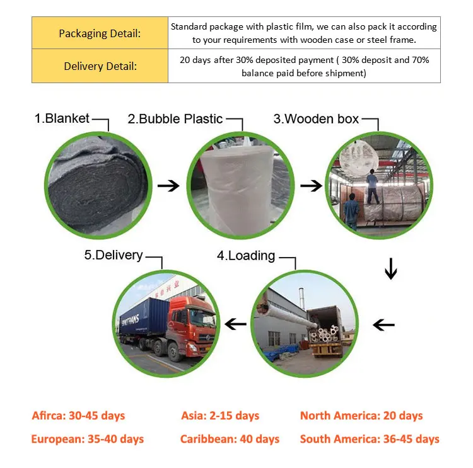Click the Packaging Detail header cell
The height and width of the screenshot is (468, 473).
[x=100, y=33]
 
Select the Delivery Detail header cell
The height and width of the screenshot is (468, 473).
[x=100, y=66]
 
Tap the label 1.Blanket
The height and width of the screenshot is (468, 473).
[x=62, y=118]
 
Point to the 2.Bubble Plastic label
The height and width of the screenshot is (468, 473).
[x=175, y=118]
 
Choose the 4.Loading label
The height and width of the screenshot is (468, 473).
[x=246, y=256]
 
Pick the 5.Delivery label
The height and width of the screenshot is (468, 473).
[x=114, y=256]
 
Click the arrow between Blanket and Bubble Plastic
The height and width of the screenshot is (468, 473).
[x=168, y=186]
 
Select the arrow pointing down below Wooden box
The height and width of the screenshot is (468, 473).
[x=391, y=270]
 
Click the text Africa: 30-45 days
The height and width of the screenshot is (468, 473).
[x=78, y=416]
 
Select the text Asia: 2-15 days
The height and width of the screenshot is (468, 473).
[x=219, y=416]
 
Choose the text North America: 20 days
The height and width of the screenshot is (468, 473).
[x=361, y=416]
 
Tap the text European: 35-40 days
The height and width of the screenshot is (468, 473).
[x=87, y=439]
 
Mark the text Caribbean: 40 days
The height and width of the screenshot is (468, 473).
[x=230, y=439]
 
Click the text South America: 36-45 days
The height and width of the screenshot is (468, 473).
[x=370, y=439]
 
